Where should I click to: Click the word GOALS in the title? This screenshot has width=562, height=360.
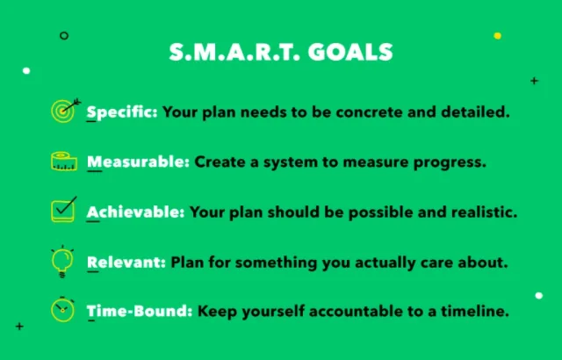[350, 53]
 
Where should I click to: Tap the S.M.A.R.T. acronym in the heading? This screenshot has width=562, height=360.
[234, 53]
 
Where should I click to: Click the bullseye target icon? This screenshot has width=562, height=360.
[65, 111]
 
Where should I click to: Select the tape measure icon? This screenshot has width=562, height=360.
[64, 162]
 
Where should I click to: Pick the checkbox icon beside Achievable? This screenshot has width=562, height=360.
[64, 210]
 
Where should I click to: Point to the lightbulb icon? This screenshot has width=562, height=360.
[62, 261]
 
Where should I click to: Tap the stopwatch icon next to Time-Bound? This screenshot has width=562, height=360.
[62, 309]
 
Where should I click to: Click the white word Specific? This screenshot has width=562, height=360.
[122, 112]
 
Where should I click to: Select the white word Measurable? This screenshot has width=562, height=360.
[138, 162]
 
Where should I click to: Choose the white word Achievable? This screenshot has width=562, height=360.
[135, 212]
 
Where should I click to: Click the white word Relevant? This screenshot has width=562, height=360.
[126, 263]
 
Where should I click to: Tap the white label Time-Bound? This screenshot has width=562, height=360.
[140, 311]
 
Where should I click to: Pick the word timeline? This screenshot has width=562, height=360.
[475, 311]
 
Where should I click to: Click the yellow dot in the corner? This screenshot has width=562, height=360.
[498, 35]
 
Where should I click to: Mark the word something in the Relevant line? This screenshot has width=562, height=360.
[276, 263]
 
